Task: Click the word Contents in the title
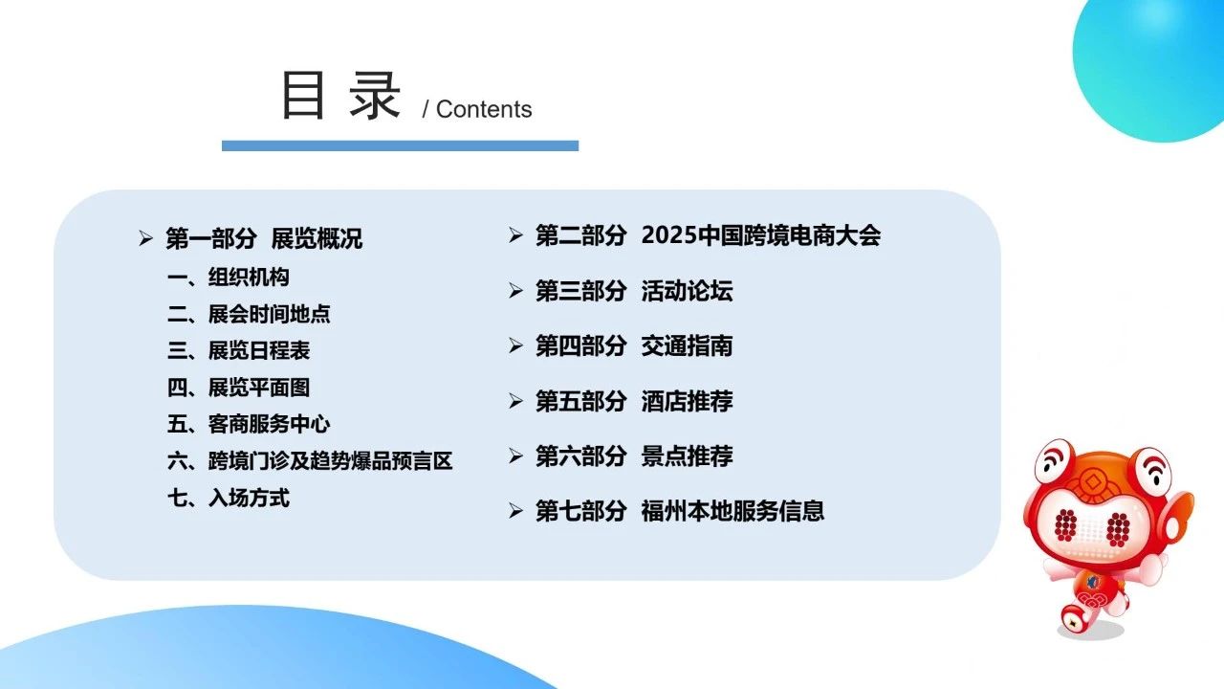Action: [484, 109]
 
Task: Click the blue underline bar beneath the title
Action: [400, 145]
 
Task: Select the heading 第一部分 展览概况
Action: [264, 238]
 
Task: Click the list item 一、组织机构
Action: [229, 278]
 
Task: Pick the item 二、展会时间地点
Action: [249, 314]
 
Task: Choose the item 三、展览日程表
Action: [239, 350]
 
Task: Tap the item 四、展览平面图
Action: [239, 388]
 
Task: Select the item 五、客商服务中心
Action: [249, 424]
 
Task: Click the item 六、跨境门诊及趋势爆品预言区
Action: [310, 461]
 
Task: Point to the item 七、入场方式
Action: [229, 499]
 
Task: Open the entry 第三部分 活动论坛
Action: [634, 291]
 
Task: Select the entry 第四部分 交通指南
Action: [634, 346]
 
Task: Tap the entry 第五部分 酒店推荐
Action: [634, 401]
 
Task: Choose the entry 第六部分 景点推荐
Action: [634, 456]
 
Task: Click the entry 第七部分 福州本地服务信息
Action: [680, 511]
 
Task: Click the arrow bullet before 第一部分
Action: [145, 238]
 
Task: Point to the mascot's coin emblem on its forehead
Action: [1093, 482]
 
